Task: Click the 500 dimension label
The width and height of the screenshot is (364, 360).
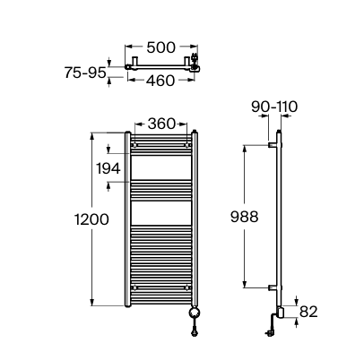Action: pyautogui.click(x=161, y=47)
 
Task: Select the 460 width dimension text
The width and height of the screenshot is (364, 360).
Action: pyautogui.click(x=160, y=81)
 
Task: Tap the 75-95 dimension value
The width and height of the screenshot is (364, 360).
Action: pyautogui.click(x=85, y=73)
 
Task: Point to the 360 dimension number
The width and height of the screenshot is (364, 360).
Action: pyautogui.click(x=161, y=124)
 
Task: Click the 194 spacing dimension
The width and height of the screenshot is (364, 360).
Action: pyautogui.click(x=108, y=168)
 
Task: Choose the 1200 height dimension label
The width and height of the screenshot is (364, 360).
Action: pyautogui.click(x=91, y=219)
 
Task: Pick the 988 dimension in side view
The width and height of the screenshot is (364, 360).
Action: pyautogui.click(x=244, y=217)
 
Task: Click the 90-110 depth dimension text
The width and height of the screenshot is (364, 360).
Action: pyautogui.click(x=274, y=107)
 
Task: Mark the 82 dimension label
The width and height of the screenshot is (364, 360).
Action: pyautogui.click(x=308, y=312)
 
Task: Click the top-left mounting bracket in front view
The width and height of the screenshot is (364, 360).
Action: pyautogui.click(x=134, y=145)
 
